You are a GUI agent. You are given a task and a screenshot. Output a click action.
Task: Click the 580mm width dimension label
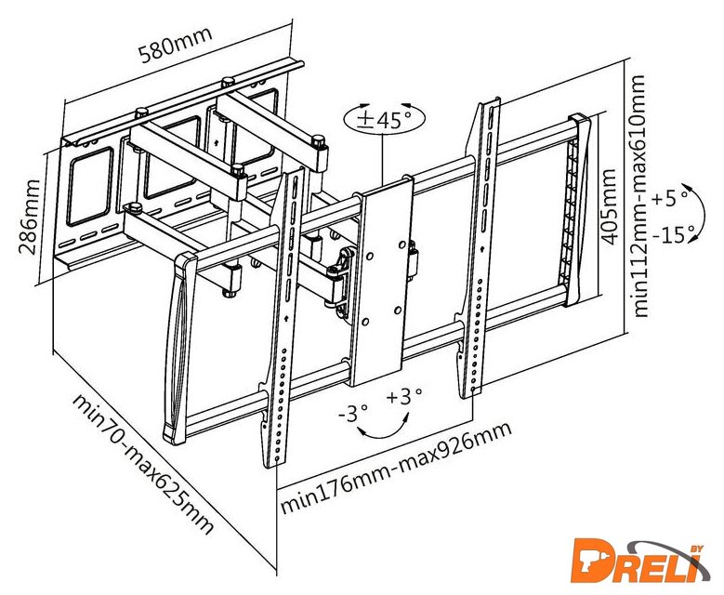point(176,45)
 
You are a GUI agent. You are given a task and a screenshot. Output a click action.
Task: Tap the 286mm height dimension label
point(28,218)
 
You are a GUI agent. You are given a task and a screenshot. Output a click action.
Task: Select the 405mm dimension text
point(609,206)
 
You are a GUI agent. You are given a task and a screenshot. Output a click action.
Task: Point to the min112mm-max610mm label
point(640,196)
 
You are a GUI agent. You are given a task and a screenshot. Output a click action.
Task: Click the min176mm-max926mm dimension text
point(396,468)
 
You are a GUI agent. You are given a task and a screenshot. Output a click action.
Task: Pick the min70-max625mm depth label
point(144,463)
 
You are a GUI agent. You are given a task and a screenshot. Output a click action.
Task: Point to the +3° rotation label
point(404,397)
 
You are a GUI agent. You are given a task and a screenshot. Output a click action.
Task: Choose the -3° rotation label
point(353,413)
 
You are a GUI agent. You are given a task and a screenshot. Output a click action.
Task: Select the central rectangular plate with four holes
point(381,283)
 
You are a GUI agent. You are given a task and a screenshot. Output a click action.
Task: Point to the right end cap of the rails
point(577,210)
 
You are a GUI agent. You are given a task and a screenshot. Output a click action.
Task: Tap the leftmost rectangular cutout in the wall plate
point(90,186)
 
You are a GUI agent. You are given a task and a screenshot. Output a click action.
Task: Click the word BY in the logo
point(697,549)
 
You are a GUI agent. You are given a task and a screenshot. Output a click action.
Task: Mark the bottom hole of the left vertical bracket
point(277,459)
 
